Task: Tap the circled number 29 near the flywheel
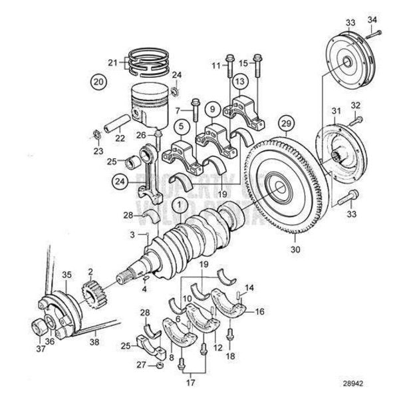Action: [x=286, y=124]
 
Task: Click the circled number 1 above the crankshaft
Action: [x=179, y=203]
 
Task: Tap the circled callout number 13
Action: [x=239, y=81]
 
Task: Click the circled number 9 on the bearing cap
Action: [x=212, y=108]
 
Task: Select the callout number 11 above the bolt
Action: [x=215, y=65]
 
